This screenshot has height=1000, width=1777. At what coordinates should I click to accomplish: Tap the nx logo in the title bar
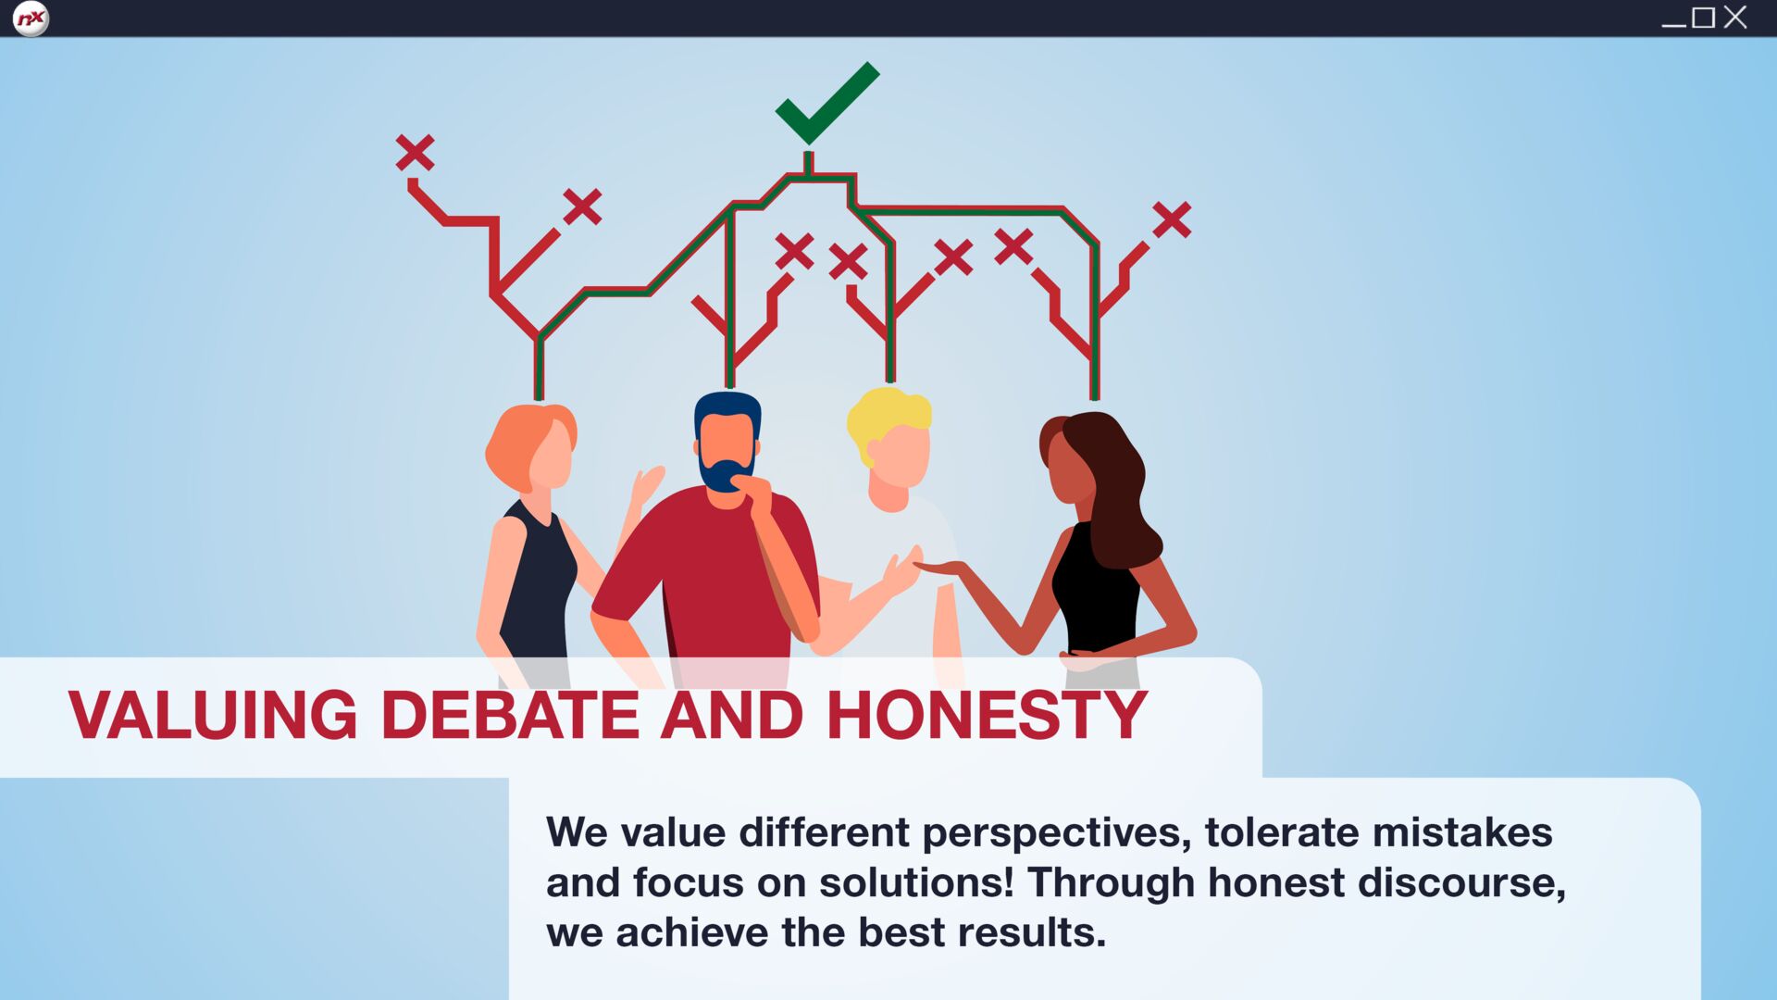point(31,19)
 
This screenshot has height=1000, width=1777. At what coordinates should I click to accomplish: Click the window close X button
point(1735,18)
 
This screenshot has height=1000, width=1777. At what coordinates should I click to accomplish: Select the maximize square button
point(1703,18)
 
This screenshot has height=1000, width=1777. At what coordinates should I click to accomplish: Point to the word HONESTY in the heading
point(987,715)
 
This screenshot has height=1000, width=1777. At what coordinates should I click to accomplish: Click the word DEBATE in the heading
point(510,715)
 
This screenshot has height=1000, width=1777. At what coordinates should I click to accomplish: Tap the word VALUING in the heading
point(212,715)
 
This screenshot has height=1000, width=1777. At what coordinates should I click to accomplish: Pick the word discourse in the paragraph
point(1461,882)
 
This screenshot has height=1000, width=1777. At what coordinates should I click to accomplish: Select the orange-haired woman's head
point(531,447)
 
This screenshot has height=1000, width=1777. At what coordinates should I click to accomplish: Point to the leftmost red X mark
point(415,153)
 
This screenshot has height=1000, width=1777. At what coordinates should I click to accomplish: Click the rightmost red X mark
point(1172,219)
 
